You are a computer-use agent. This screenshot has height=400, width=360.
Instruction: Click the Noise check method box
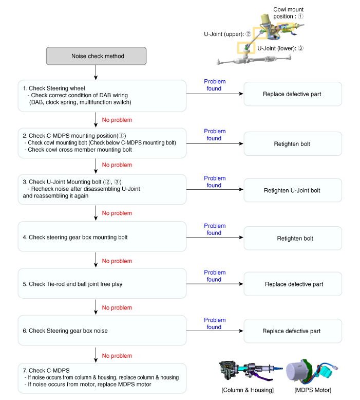pos(97,56)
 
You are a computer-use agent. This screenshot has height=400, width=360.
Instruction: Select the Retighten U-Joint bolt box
pos(292,190)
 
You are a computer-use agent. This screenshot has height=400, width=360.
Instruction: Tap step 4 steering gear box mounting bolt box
pos(102,237)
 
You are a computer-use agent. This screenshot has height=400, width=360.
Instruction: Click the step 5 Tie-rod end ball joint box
pos(102,284)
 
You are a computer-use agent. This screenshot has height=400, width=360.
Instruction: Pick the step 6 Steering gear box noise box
pos(102,331)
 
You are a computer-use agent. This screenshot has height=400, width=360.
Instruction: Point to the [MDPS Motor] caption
pos(313,390)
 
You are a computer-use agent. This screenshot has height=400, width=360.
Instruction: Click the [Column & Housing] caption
pos(248,390)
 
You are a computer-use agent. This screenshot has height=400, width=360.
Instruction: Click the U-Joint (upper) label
pos(227,34)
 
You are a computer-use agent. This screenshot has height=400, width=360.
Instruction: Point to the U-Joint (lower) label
pos(280,48)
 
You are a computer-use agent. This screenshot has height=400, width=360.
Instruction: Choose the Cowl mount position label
pos(288,12)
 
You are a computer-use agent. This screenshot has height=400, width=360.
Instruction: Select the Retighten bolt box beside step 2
pos(292,143)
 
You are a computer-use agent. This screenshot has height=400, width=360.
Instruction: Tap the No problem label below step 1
pos(117,120)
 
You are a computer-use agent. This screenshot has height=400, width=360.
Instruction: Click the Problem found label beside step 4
pos(215,229)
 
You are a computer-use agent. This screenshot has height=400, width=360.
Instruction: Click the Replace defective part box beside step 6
pos(292,331)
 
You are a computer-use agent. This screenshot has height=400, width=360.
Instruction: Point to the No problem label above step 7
pos(117,356)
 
